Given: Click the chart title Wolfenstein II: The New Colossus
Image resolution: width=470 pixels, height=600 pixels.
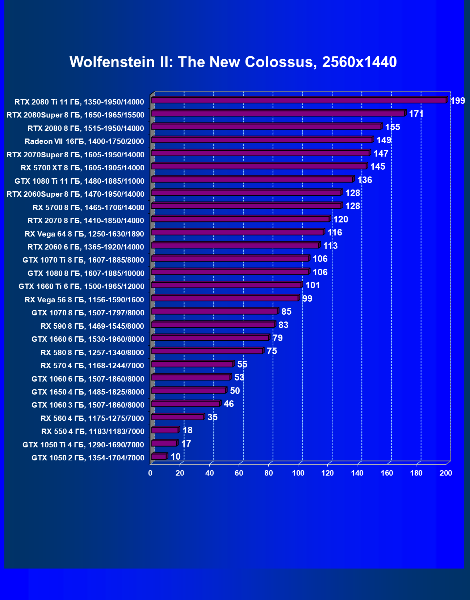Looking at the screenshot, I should click(233, 62).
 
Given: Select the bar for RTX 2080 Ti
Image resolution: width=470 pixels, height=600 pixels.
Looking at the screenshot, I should click(299, 100).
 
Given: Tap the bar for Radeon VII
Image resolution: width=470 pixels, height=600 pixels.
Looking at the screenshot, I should click(262, 140).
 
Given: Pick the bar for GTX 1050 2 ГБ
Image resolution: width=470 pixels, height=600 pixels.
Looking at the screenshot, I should click(159, 457).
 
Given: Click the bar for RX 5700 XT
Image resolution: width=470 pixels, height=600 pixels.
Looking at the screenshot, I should click(259, 166).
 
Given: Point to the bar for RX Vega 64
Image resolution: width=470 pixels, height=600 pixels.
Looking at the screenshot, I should click(237, 232).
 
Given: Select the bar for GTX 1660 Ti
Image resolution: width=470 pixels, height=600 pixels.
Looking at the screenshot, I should click(226, 285).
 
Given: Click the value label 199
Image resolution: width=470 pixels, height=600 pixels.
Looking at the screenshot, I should click(457, 101).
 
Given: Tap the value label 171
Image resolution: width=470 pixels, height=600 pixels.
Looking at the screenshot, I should click(416, 114).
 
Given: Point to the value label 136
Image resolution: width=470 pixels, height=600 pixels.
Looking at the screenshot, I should click(364, 180).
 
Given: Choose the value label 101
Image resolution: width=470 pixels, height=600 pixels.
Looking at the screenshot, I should click(312, 285).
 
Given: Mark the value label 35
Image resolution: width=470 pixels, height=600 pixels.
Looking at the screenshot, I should click(212, 417).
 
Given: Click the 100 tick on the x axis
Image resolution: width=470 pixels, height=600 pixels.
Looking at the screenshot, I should click(298, 473).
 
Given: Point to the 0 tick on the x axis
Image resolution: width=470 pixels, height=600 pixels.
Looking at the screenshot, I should click(150, 473).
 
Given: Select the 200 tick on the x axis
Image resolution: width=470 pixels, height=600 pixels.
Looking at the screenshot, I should click(446, 473).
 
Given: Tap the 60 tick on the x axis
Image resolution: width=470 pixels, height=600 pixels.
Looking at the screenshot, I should click(239, 473).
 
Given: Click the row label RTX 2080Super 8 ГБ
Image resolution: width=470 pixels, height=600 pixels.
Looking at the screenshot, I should click(75, 115).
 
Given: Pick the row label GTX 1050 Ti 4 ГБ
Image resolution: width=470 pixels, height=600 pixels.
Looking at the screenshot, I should click(83, 445).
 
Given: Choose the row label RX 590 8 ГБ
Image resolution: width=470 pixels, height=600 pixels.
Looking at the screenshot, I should click(92, 326).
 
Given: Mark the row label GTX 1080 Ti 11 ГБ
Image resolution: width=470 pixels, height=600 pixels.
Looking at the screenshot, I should click(79, 181).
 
